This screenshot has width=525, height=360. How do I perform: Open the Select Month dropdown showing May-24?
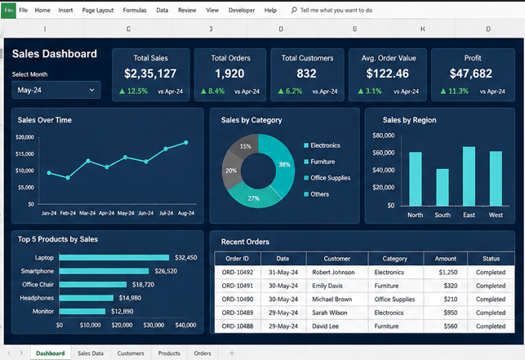56,90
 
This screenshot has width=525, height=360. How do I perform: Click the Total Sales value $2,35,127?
150,73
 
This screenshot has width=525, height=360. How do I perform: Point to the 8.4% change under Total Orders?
212,91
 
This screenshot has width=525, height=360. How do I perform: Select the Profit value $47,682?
471,73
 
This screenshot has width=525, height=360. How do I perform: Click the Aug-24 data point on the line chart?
186,143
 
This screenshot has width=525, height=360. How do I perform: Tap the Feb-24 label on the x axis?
68,213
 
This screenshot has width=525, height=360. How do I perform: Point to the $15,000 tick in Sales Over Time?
24,154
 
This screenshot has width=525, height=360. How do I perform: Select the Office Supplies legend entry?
327,178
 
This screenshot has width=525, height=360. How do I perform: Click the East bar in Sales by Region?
469,176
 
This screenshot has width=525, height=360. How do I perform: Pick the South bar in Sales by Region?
443,187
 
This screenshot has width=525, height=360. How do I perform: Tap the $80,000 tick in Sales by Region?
384,136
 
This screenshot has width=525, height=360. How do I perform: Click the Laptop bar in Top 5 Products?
114,257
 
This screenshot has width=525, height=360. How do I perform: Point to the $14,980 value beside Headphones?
130,298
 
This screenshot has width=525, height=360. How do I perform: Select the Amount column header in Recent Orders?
445,259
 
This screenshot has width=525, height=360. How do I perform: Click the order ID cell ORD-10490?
238,299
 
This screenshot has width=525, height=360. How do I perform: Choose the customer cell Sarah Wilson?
330,313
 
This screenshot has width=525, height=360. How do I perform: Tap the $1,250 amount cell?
448,273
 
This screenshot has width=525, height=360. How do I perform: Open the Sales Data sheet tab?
91,353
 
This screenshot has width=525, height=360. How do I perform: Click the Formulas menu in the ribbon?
135,11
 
